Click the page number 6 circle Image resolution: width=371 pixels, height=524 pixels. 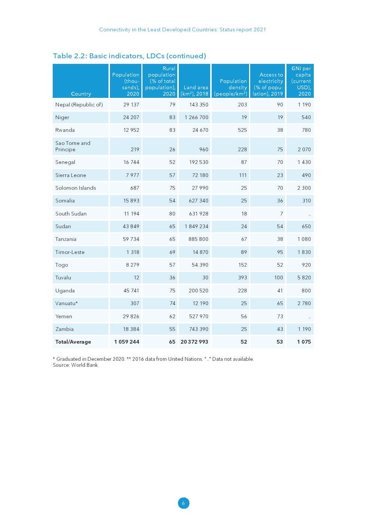183,503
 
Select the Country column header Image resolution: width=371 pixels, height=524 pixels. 81,94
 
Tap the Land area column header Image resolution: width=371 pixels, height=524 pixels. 194,91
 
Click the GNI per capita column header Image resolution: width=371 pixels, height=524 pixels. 301,81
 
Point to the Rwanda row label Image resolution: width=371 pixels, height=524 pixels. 65,130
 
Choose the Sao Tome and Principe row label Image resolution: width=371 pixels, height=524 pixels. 73,146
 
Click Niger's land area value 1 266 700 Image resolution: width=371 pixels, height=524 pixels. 196,117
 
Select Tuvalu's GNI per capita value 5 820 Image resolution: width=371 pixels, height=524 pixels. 304,277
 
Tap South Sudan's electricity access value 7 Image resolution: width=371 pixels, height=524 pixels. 281,214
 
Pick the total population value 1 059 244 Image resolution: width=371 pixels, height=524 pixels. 127,342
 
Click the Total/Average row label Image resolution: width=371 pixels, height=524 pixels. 73,342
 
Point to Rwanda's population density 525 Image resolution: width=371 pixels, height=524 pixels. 242,130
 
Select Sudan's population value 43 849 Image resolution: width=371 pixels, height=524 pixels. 131,226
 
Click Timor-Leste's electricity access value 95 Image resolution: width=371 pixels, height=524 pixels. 280,252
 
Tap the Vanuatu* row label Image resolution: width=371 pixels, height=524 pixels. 67,303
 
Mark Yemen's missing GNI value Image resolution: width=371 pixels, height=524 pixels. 309,317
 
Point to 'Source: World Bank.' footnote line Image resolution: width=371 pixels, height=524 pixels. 76,365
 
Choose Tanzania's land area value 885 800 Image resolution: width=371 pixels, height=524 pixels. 198,239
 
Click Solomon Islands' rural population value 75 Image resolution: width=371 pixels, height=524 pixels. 172,188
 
